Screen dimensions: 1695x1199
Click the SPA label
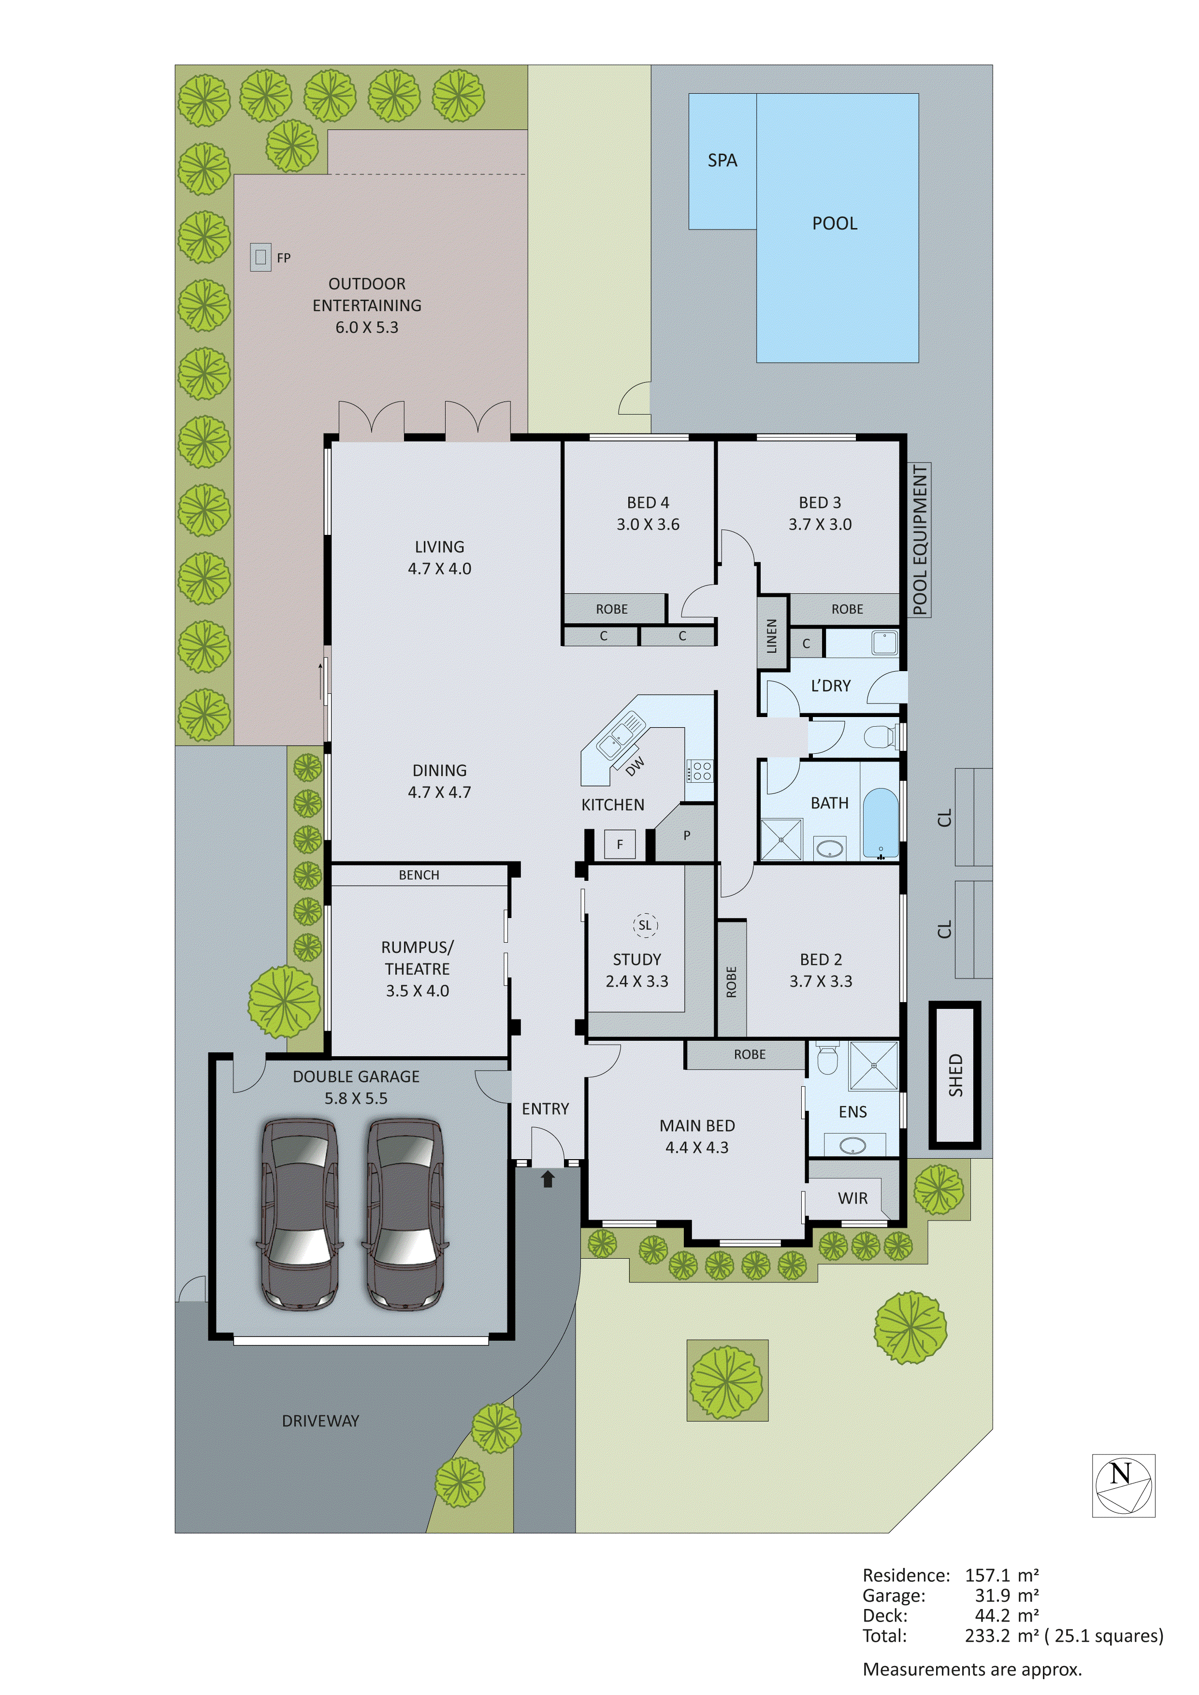[722, 160]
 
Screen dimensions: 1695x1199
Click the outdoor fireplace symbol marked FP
[260, 258]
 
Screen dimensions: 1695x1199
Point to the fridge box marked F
[620, 844]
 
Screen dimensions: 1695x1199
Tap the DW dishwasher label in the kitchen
[634, 766]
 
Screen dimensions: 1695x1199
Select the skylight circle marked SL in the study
[645, 925]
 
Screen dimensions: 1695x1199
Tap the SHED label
[955, 1075]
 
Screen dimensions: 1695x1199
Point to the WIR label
[853, 1198]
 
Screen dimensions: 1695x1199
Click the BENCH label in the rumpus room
[419, 875]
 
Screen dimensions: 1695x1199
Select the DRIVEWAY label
[320, 1421]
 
